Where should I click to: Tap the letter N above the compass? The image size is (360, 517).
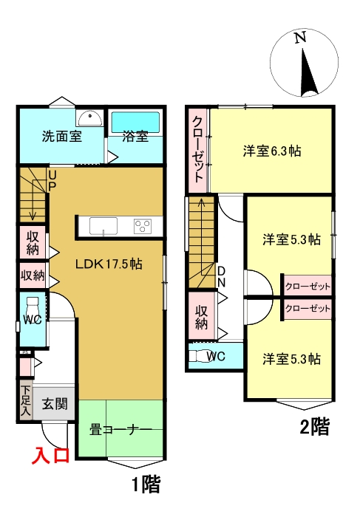point(299,38)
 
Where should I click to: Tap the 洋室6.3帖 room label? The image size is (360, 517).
point(272,151)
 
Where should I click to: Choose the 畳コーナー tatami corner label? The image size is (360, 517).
point(120,428)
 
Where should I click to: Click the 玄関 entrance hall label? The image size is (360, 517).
point(54,403)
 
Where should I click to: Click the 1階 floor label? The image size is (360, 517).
point(145,485)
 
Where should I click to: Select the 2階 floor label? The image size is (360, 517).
point(313,427)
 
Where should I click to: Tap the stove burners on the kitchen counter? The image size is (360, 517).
point(143,225)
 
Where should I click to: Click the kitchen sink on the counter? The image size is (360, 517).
point(103,225)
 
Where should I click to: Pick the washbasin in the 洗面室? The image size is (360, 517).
point(89,117)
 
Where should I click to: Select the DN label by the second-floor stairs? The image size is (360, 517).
point(220,275)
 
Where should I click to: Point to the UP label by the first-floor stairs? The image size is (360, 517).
point(52,179)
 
